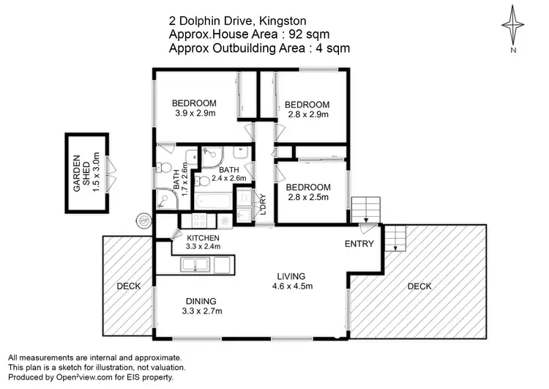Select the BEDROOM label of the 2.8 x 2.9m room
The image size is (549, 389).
307,104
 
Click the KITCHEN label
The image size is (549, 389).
203,238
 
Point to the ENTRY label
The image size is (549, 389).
359,244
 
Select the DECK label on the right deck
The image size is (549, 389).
419,286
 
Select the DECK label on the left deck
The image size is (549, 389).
128,286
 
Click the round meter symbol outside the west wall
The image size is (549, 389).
145,219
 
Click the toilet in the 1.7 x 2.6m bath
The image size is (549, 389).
165,166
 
